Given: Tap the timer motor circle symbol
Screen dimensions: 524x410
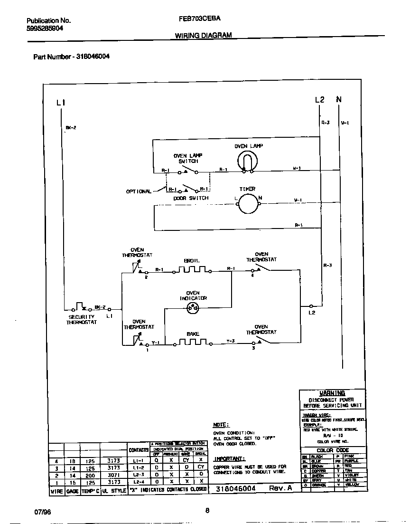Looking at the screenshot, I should [247, 204].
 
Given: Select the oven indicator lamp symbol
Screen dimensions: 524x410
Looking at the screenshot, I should [193, 307].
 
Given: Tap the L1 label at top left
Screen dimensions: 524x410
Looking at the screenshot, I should [60, 102].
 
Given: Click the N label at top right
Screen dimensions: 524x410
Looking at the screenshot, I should [339, 99].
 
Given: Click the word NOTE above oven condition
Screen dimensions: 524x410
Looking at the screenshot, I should [221, 425].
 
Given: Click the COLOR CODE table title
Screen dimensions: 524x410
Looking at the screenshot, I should [332, 450].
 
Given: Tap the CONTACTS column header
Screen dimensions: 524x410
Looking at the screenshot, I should [139, 449].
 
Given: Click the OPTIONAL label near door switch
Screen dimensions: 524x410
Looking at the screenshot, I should [138, 191].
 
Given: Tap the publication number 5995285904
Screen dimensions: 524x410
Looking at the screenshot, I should [45, 28].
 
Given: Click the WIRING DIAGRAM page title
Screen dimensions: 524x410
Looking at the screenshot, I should [203, 35].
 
